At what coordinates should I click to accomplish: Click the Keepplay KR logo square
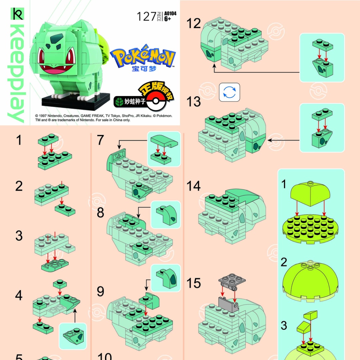(x=17, y=14)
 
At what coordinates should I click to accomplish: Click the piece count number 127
(x=146, y=17)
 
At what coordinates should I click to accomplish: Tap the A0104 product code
(x=170, y=14)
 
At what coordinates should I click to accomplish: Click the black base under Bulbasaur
(x=76, y=102)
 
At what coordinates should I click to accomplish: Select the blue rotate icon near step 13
(x=229, y=92)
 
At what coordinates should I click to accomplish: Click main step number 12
(x=194, y=24)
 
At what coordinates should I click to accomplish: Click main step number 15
(x=194, y=284)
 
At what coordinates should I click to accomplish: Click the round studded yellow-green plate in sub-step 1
(x=310, y=228)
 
